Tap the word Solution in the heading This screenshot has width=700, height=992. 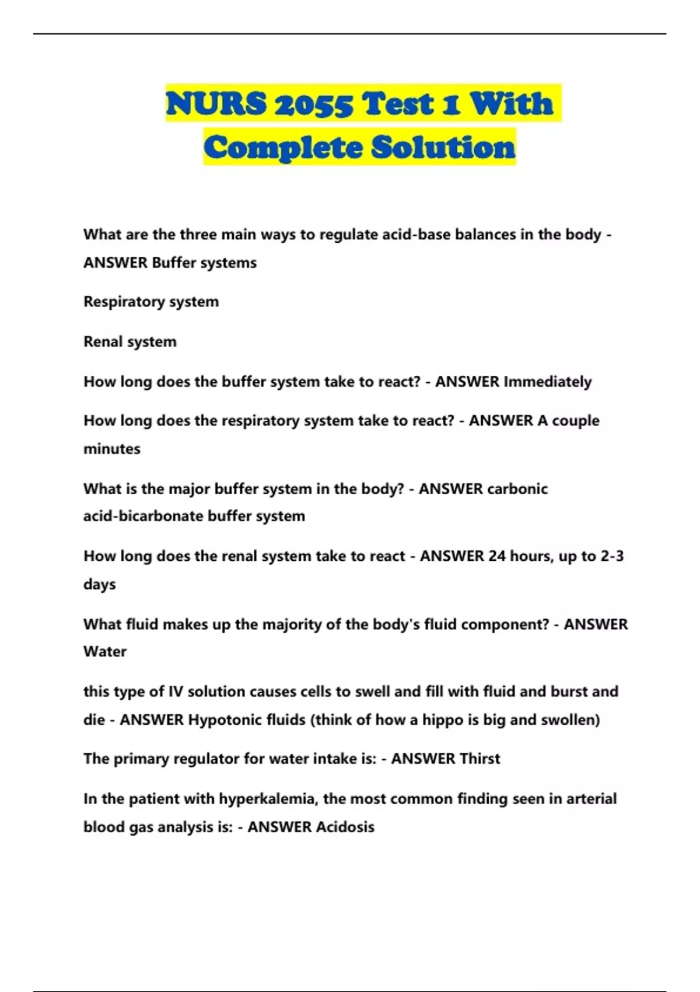click(443, 147)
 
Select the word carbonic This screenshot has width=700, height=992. click(517, 488)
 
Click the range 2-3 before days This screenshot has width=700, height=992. click(612, 556)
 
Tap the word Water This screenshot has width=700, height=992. click(105, 651)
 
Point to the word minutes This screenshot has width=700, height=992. click(112, 449)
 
